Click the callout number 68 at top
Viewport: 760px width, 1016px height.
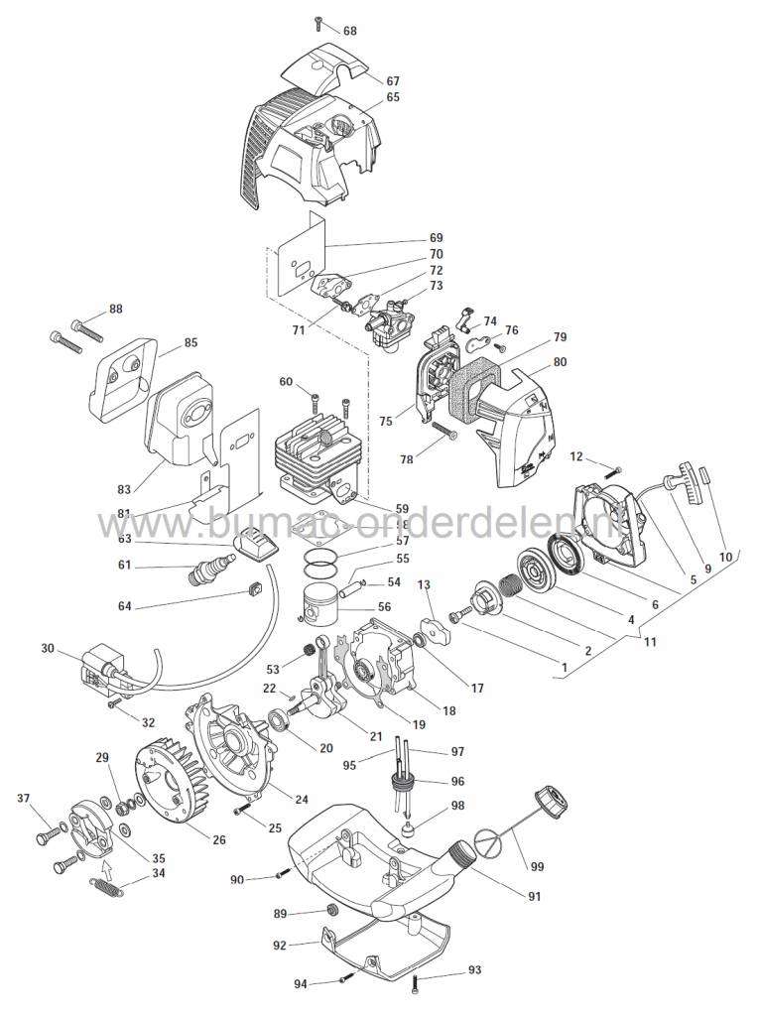coord(350,31)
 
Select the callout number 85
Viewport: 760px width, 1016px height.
coord(191,343)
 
